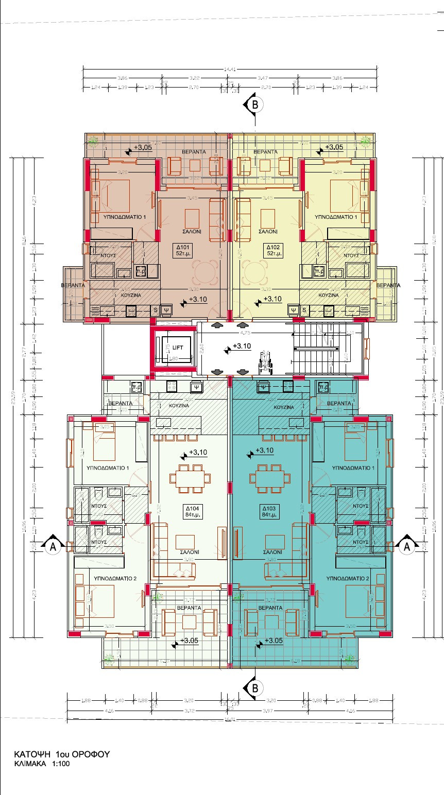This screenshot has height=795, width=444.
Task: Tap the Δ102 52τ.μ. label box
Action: click(273, 250)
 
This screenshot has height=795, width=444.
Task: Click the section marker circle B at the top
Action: click(254, 104)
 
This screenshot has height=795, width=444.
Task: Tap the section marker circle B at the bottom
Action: click(254, 688)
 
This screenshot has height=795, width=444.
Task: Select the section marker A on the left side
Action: click(52, 547)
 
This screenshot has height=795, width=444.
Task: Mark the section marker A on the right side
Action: click(407, 547)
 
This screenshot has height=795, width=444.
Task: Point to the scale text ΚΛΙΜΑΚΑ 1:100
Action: click(42, 764)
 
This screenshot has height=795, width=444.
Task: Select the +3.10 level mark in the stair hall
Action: click(241, 347)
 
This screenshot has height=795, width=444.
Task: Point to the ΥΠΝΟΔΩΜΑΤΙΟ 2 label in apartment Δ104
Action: click(115, 579)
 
